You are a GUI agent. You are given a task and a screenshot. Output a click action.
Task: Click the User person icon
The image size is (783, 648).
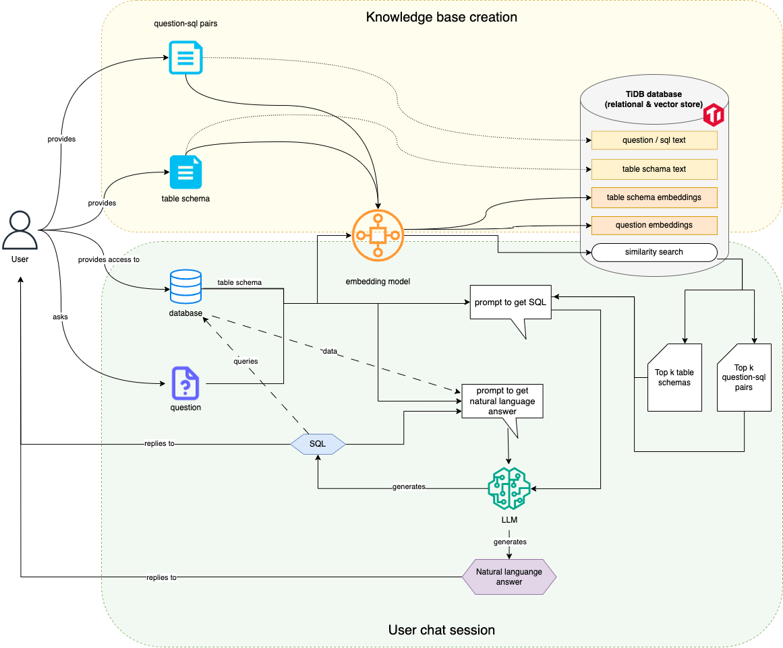tap(20, 230)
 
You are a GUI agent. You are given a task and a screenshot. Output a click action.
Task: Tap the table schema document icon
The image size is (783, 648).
tap(185, 172)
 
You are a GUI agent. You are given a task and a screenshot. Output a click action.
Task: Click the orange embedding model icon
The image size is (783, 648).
tap(378, 234)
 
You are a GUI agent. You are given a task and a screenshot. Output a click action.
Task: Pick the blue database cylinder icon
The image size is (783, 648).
tap(185, 287)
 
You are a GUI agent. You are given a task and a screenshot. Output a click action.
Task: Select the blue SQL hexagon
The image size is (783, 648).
tap(318, 444)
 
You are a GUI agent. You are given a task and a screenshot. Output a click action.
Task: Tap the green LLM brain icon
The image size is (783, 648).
tap(509, 488)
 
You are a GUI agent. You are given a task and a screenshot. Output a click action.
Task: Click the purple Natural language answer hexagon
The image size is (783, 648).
tap(509, 577)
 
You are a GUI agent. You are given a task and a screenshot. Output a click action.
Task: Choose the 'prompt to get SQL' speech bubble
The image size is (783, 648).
tap(511, 303)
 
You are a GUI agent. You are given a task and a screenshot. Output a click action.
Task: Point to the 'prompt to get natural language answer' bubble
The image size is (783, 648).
tap(502, 401)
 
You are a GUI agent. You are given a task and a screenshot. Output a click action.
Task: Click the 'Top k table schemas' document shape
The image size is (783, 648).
tap(674, 377)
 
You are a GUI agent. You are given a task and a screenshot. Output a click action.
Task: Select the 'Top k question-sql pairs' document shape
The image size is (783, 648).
tap(744, 377)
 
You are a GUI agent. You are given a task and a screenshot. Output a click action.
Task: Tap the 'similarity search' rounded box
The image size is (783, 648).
tap(654, 253)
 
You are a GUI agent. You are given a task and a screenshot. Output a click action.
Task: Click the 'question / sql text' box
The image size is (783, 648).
tap(654, 140)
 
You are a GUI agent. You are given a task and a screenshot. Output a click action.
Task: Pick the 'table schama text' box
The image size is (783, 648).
tap(654, 169)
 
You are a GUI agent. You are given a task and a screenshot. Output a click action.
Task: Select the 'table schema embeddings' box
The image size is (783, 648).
tap(654, 197)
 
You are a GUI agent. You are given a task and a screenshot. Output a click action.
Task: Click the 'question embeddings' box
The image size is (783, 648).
tap(654, 225)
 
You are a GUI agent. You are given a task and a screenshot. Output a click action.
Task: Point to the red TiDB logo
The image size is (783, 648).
tap(714, 115)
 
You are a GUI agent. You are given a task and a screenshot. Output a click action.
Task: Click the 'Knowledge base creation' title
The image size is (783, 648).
tap(442, 17)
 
